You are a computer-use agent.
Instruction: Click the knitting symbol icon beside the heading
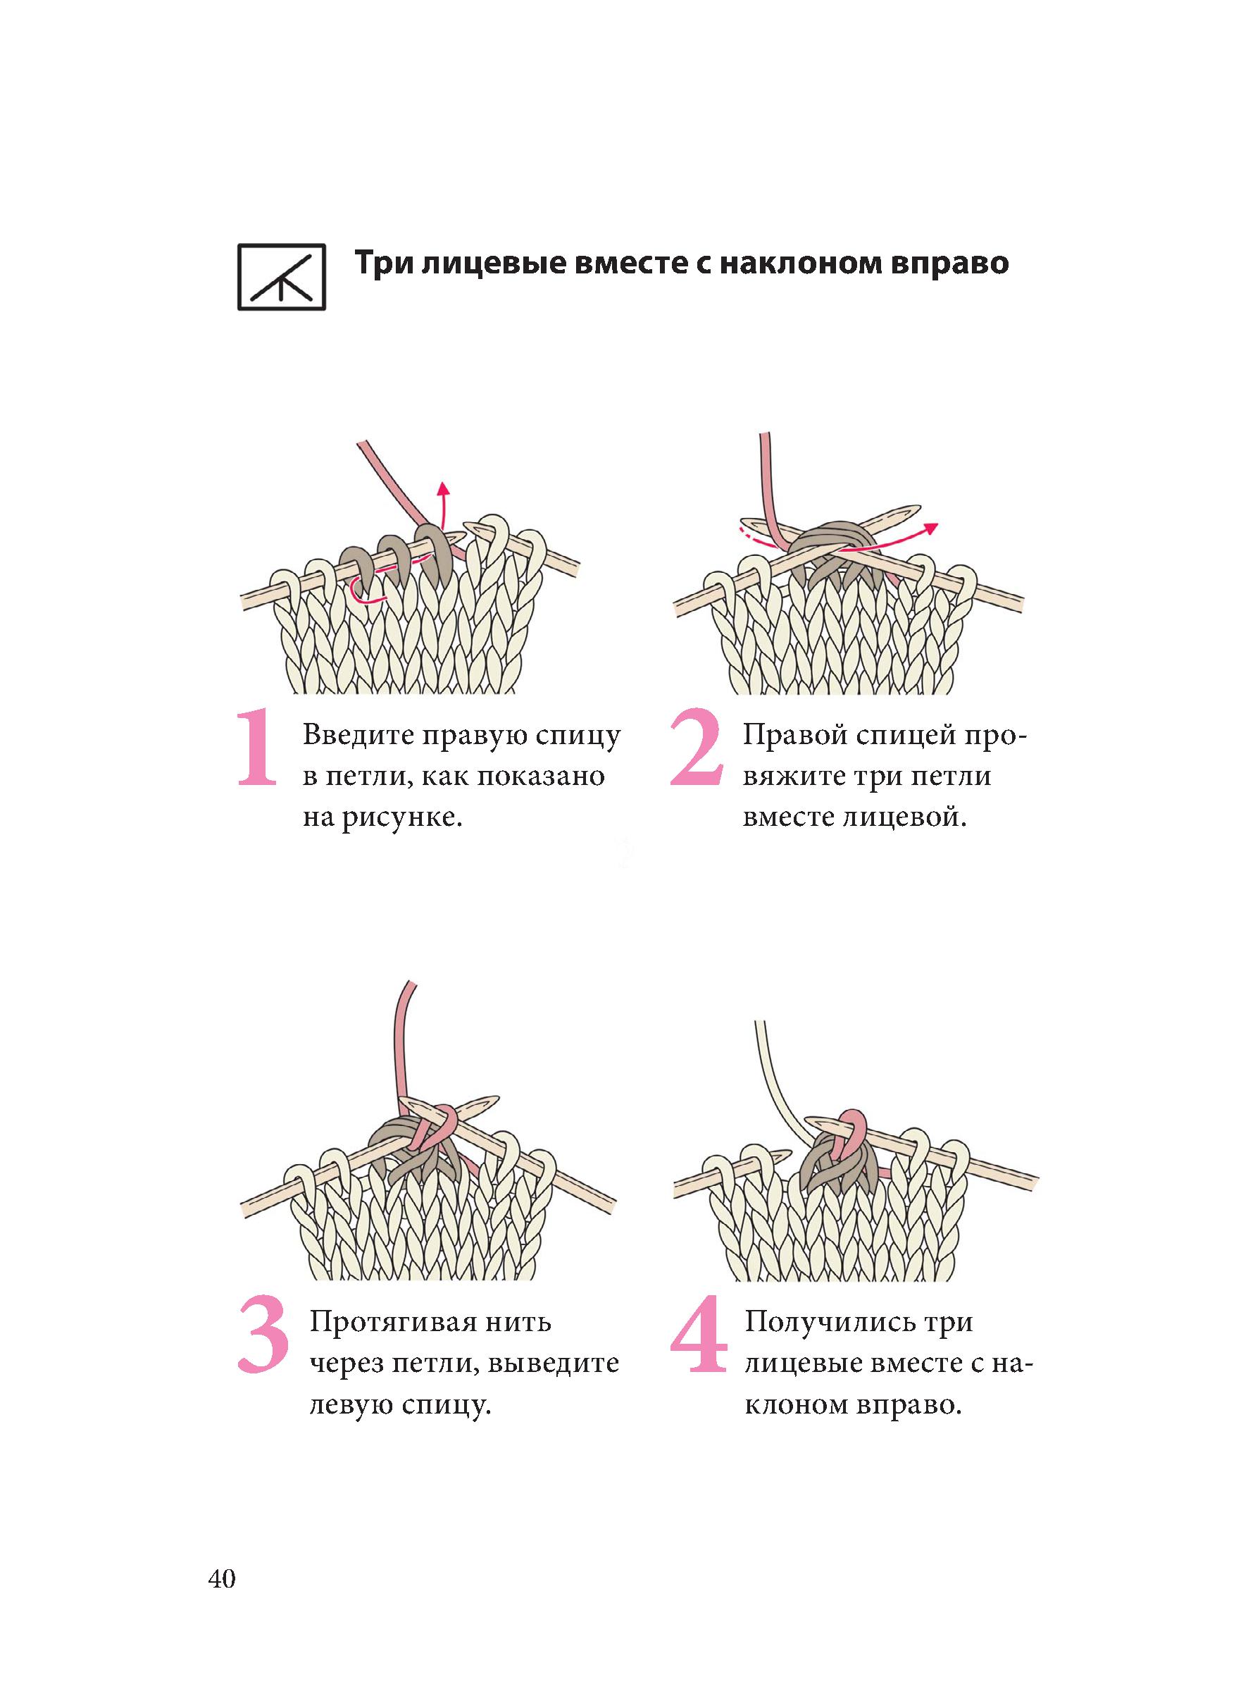(281, 277)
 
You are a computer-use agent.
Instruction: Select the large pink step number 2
(696, 748)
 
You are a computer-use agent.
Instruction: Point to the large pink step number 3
(263, 1335)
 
